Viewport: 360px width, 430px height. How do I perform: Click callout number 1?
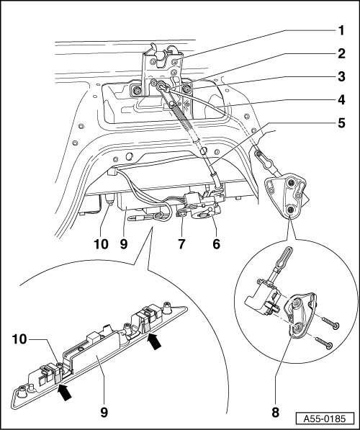coord(341,30)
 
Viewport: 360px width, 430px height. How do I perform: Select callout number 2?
coord(341,53)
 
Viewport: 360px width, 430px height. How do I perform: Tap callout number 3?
coord(341,76)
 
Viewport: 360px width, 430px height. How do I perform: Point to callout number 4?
coord(341,99)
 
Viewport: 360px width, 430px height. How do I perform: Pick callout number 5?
coord(341,123)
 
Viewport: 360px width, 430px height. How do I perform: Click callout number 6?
coord(216,243)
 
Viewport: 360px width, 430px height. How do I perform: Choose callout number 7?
coord(181,243)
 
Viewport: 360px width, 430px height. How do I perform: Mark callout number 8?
coord(275,412)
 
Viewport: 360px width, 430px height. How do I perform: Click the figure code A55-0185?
coord(325,418)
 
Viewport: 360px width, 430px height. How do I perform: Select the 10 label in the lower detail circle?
coord(19,339)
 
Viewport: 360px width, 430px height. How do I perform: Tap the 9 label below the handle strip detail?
coord(104,412)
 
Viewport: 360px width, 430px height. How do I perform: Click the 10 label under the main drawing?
coord(102,243)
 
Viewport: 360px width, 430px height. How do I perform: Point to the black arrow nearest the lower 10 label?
coord(65,392)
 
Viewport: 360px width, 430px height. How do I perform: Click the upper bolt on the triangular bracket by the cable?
coord(292,183)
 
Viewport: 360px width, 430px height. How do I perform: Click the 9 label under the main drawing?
coord(124,243)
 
